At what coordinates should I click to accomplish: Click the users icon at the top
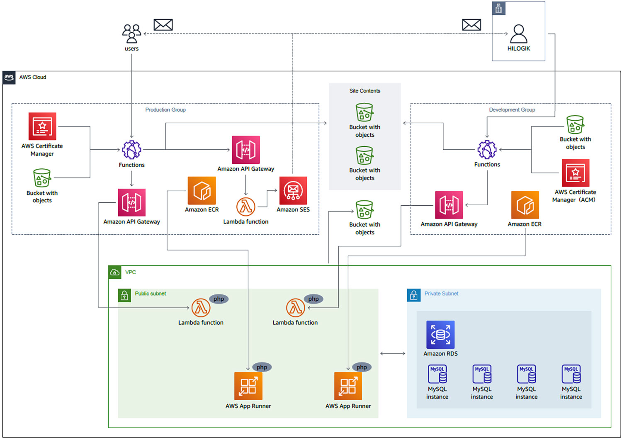[131, 34]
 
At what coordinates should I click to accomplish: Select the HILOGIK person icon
[518, 34]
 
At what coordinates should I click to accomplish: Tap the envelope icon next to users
[163, 25]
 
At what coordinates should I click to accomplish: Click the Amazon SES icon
[293, 191]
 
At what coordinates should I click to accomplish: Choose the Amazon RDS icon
[440, 335]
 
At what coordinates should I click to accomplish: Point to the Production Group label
[165, 110]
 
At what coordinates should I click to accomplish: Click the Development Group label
[512, 110]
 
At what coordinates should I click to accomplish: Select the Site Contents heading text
[364, 91]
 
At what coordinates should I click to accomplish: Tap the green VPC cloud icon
[115, 272]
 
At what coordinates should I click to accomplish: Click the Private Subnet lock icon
[413, 295]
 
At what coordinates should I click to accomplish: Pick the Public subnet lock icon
[124, 295]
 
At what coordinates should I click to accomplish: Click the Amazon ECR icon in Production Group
[202, 191]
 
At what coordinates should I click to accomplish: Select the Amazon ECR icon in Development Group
[525, 205]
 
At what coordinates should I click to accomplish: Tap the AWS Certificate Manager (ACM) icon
[576, 173]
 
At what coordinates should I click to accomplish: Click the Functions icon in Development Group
[487, 150]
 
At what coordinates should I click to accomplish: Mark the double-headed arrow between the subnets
[393, 353]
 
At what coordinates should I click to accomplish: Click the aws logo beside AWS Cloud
[9, 78]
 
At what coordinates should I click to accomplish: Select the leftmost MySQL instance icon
[437, 374]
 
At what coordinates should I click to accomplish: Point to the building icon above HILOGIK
[498, 8]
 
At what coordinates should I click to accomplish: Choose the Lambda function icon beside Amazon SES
[246, 207]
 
